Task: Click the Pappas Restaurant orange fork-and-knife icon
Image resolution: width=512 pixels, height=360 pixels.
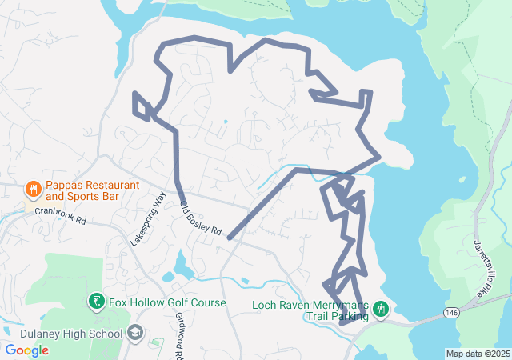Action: pyautogui.click(x=33, y=190)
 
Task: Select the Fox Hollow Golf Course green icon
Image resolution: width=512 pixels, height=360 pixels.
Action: pyautogui.click(x=96, y=302)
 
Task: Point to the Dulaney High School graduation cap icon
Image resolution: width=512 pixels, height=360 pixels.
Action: pyautogui.click(x=135, y=331)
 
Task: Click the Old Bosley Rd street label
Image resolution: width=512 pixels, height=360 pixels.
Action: pyautogui.click(x=201, y=218)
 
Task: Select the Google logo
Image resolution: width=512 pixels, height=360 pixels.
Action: pyautogui.click(x=26, y=350)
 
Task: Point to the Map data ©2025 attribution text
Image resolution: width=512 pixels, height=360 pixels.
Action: pyautogui.click(x=478, y=354)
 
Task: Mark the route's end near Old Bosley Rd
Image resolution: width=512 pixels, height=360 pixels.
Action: pyautogui.click(x=230, y=238)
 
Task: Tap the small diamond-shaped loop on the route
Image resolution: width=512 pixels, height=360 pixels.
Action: pyautogui.click(x=142, y=105)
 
